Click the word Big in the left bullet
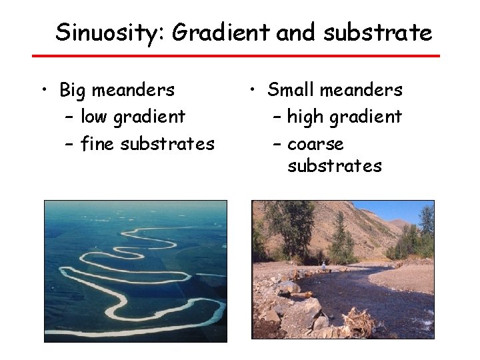coord(75,89)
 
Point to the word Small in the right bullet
coord(289,89)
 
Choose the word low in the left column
coord(95,117)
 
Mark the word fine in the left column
coord(95,143)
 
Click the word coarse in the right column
coord(315,143)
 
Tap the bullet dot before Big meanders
coord(43,90)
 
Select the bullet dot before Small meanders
coord(253,90)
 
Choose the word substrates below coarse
coord(335,166)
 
